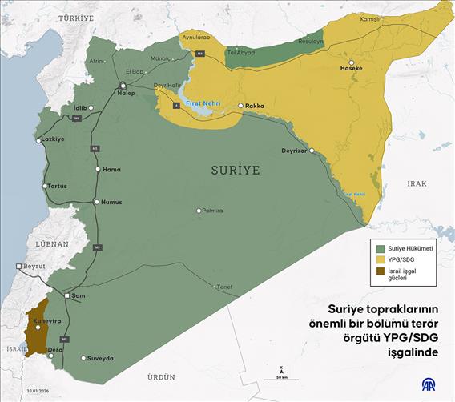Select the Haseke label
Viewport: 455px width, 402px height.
pyautogui.click(x=352, y=69)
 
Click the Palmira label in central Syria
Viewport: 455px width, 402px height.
pyautogui.click(x=211, y=211)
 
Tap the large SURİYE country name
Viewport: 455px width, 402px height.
pyautogui.click(x=236, y=170)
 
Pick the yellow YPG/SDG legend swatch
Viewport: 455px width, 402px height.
pyautogui.click(x=380, y=259)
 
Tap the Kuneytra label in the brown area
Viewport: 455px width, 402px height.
pyautogui.click(x=46, y=320)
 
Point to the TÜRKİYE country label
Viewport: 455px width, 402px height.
pyautogui.click(x=69, y=17)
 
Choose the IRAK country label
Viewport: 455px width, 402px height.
pyautogui.click(x=417, y=183)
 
